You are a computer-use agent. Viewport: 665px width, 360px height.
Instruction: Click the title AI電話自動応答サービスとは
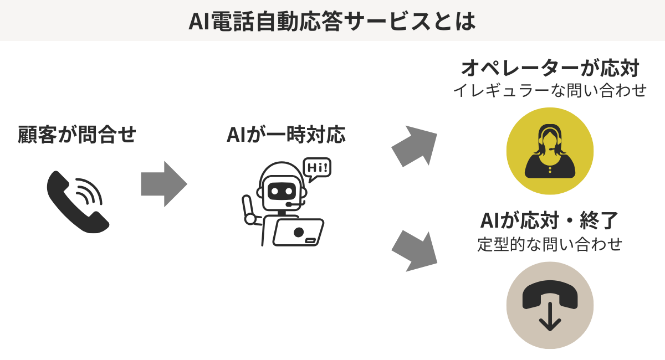[x=332, y=21]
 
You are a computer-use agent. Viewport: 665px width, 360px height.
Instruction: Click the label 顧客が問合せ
[x=77, y=135]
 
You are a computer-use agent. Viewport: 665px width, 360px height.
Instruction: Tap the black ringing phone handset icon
[x=72, y=205]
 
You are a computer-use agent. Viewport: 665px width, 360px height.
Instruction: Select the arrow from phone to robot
[x=163, y=184]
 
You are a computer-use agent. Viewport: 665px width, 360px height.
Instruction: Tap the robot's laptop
[x=298, y=232]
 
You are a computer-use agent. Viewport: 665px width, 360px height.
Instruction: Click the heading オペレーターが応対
[x=550, y=69]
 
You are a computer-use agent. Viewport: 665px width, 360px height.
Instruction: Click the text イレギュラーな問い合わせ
[x=550, y=90]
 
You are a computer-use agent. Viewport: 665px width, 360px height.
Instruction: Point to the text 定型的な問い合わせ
[x=550, y=244]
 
